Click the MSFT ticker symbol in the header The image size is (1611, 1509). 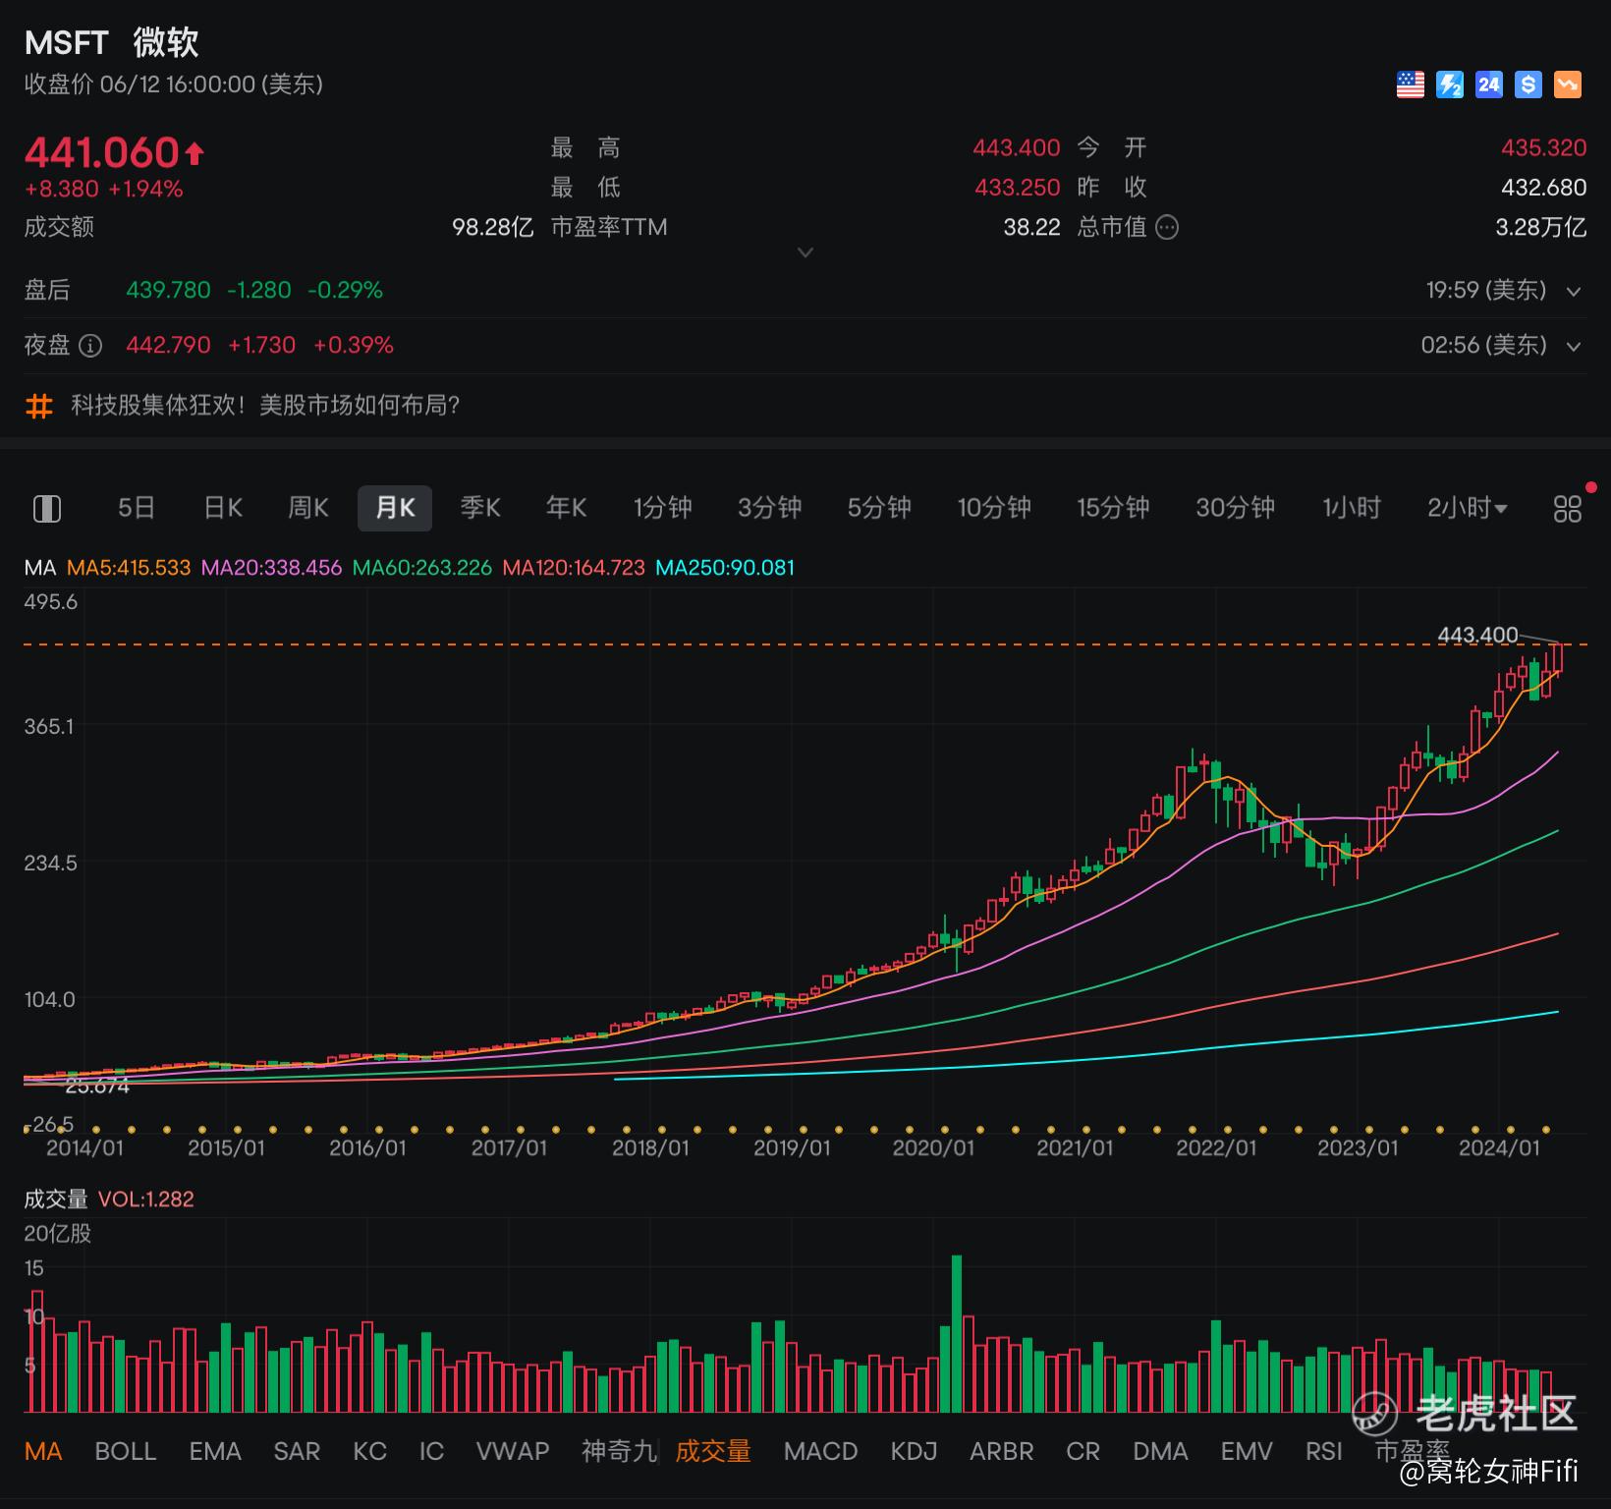point(66,42)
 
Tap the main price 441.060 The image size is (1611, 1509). point(102,153)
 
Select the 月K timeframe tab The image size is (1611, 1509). point(395,508)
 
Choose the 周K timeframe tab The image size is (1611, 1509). point(308,508)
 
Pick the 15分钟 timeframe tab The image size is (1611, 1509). point(1113,508)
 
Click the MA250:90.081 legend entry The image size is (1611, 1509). point(725,568)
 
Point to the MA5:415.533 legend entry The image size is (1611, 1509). point(129,568)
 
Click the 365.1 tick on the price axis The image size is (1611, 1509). point(49,727)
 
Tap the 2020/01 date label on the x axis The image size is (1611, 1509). point(933,1147)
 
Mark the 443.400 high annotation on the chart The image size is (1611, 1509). point(1477,636)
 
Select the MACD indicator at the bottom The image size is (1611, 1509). point(821,1451)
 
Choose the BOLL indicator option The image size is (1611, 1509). point(126,1451)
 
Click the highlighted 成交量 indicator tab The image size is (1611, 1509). point(713,1451)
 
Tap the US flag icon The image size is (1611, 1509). point(1411,84)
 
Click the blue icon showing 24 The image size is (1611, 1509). point(1489,84)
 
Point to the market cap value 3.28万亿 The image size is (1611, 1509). point(1540,228)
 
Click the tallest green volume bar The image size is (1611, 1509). point(957,1334)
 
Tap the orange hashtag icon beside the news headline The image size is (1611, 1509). point(39,406)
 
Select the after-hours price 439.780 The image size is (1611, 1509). point(168,291)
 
